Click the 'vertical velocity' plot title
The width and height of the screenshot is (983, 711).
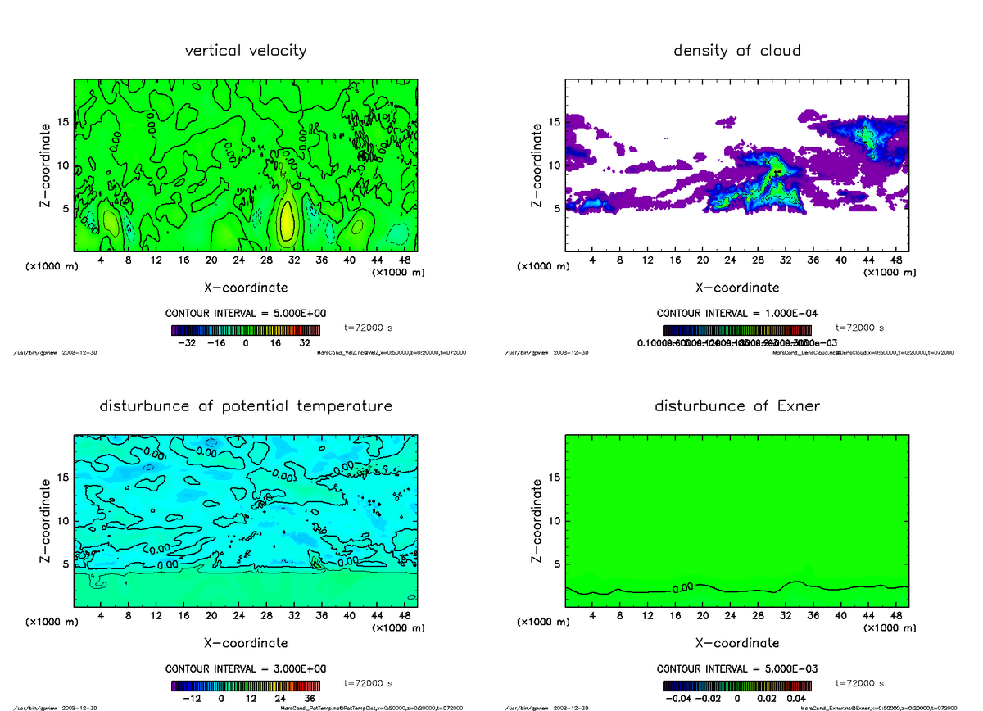(246, 51)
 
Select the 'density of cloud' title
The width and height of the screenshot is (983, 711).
(736, 51)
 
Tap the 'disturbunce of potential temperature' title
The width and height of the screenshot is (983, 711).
(246, 406)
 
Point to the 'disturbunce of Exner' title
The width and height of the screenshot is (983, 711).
(736, 406)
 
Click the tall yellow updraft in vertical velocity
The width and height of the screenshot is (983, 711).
(286, 217)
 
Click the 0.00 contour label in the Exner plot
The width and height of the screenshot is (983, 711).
(682, 587)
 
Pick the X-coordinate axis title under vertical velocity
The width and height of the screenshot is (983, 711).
(246, 288)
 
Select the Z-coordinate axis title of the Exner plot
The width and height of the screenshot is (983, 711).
(537, 520)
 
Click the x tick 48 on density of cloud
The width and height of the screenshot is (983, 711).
(895, 260)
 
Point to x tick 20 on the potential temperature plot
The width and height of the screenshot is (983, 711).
(211, 616)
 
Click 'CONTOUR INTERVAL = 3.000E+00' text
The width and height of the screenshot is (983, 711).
(246, 668)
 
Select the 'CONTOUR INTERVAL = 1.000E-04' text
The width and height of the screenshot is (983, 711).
(736, 313)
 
